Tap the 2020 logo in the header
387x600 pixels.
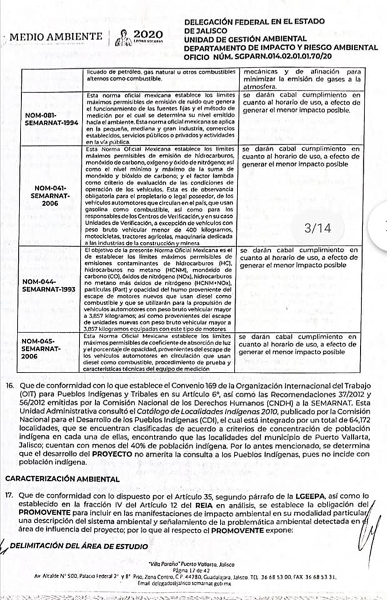[148, 34]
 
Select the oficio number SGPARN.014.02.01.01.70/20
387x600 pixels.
[283, 54]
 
